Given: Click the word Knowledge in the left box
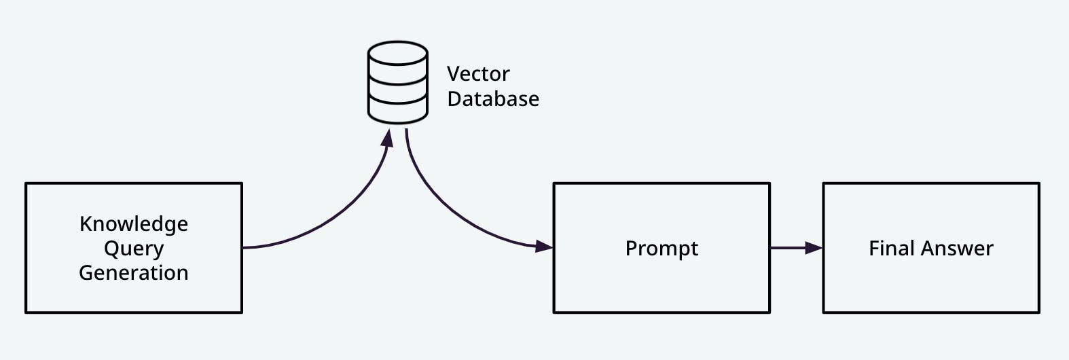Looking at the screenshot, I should pyautogui.click(x=134, y=224).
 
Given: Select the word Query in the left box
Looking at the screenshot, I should pyautogui.click(x=134, y=249).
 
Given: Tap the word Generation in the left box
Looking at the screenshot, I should pyautogui.click(x=134, y=272).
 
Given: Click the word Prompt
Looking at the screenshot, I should pyautogui.click(x=662, y=249).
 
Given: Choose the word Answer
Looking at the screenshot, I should pyautogui.click(x=958, y=248).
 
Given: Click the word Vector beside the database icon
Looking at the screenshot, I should pyautogui.click(x=478, y=74).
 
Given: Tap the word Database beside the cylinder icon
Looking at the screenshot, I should pyautogui.click(x=493, y=99).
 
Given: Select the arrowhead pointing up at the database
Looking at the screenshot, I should pyautogui.click(x=387, y=138).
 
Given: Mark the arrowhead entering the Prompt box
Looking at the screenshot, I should pyautogui.click(x=544, y=246).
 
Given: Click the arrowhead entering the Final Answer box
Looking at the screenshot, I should pyautogui.click(x=814, y=248).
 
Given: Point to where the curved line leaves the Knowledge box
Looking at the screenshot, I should pyautogui.click(x=244, y=247).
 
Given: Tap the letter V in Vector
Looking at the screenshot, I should pyautogui.click(x=453, y=74).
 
